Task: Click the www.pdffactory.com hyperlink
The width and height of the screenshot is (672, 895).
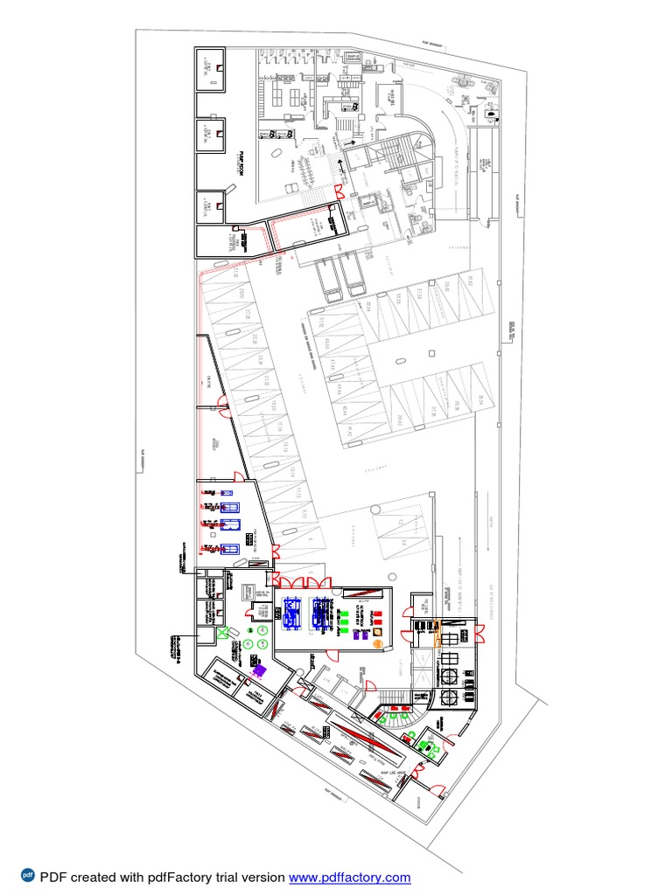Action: tap(349, 878)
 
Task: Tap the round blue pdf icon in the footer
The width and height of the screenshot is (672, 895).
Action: tap(27, 877)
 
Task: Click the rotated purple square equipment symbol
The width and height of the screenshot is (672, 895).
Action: tap(259, 668)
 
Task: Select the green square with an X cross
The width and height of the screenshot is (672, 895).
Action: tap(223, 631)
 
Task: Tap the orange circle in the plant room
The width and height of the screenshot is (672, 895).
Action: tap(378, 644)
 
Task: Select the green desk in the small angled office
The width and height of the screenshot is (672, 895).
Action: tap(426, 745)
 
